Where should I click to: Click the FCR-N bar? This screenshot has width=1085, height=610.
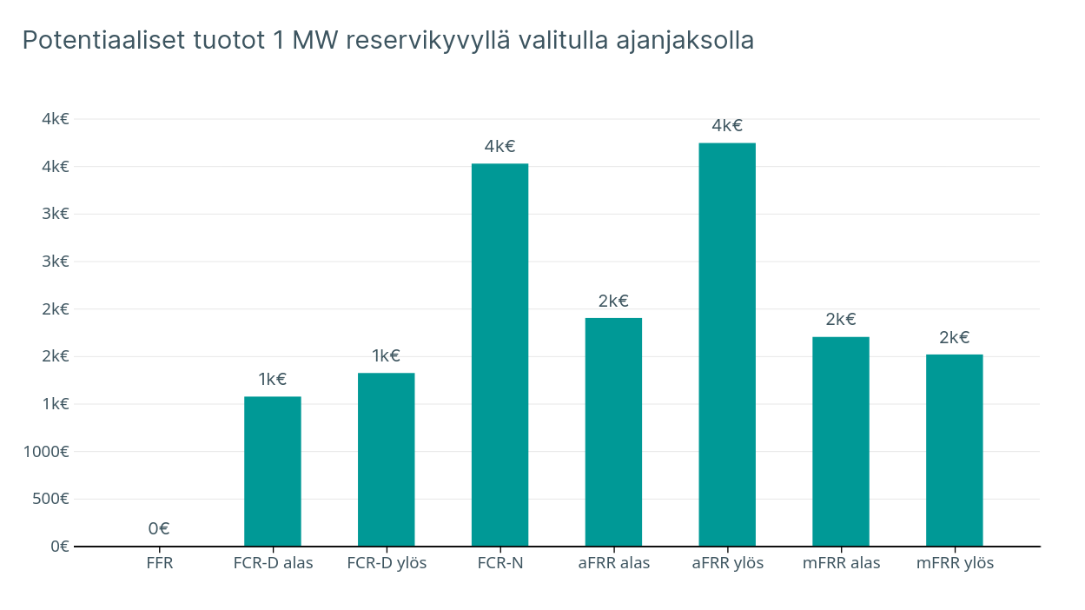pos(499,355)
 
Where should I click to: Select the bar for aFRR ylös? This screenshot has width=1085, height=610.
pos(727,344)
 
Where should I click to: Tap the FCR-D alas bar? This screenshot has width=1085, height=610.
pos(273,471)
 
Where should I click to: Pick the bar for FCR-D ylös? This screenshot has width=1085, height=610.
pos(386,459)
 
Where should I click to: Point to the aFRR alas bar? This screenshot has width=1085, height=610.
pos(613,432)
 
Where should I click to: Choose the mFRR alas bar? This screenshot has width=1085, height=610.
pos(841,441)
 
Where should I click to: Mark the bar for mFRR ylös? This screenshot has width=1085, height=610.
pos(954,450)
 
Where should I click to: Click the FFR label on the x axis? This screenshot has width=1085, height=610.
pos(160,563)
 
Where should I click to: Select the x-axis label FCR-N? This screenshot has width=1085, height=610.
pos(499,563)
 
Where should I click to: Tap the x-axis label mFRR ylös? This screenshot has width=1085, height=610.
pos(955,563)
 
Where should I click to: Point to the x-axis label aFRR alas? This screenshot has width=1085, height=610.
pos(613,563)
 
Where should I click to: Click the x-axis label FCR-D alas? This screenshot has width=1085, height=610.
pos(273,563)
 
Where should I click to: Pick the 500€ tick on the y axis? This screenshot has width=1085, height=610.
pos(50,499)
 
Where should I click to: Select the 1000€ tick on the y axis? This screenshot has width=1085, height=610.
pos(47,451)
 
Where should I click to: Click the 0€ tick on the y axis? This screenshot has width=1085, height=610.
pos(59,547)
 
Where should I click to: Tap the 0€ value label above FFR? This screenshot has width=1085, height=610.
pos(159,528)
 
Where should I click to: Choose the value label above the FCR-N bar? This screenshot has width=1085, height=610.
pos(499,146)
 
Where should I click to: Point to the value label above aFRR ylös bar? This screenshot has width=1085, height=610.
pos(727,125)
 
